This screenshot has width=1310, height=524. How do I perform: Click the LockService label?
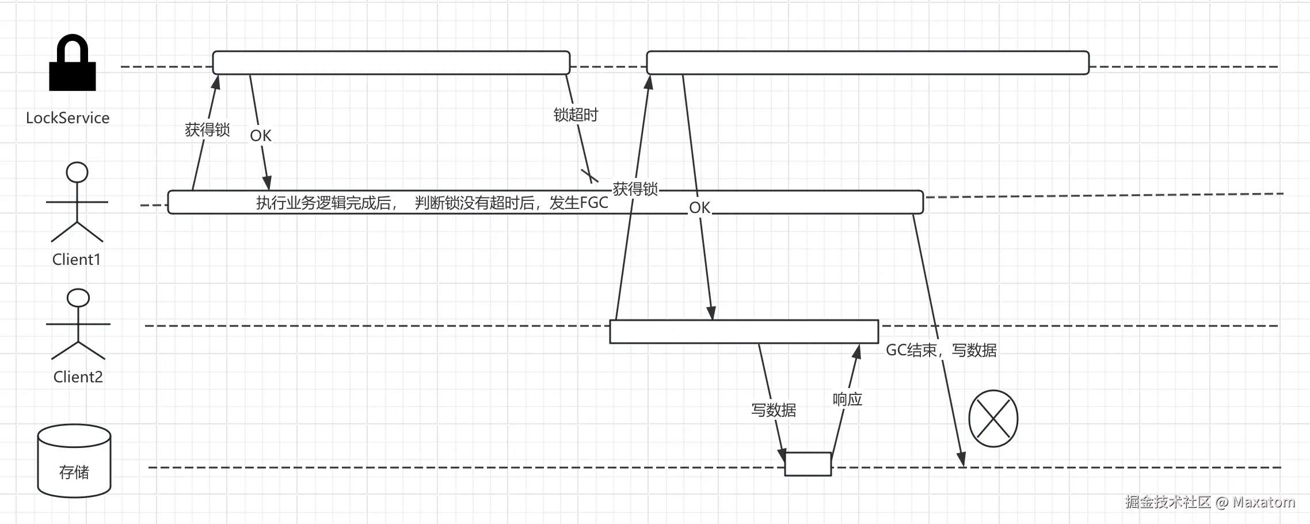tap(67, 118)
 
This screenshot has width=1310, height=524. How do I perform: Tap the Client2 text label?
tap(78, 377)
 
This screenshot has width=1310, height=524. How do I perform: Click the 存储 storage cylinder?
tap(74, 461)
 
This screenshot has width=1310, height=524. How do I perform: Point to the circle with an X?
tap(993, 419)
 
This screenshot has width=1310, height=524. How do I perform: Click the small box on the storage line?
tap(808, 464)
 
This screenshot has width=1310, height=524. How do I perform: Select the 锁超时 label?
tap(576, 115)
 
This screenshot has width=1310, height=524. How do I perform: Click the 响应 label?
tap(847, 400)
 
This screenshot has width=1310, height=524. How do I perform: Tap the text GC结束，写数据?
tap(941, 350)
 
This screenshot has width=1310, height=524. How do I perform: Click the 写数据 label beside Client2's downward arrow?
tap(774, 410)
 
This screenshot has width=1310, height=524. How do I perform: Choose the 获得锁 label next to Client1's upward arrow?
tap(207, 130)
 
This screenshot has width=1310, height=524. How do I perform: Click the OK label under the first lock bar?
tap(260, 136)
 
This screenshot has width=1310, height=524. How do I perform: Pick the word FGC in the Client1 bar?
tap(593, 203)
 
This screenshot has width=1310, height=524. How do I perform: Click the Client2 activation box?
tap(744, 332)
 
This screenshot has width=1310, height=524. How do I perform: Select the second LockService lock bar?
tap(867, 63)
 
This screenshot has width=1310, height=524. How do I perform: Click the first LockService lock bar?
tap(391, 63)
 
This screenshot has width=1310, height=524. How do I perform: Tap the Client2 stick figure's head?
tap(78, 298)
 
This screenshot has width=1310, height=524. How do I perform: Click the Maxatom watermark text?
tap(1263, 502)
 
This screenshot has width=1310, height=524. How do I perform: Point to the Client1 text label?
tap(77, 260)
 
